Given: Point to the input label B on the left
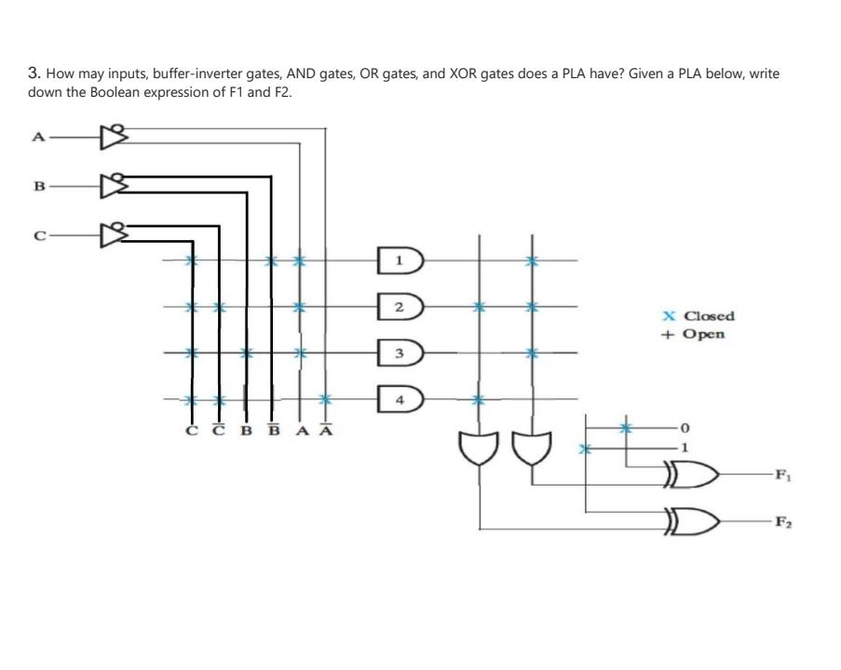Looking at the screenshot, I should tap(38, 184).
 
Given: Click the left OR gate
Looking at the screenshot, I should tap(479, 449).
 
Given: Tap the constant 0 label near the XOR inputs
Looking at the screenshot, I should tap(685, 429).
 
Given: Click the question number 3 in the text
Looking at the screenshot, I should tap(33, 72).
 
